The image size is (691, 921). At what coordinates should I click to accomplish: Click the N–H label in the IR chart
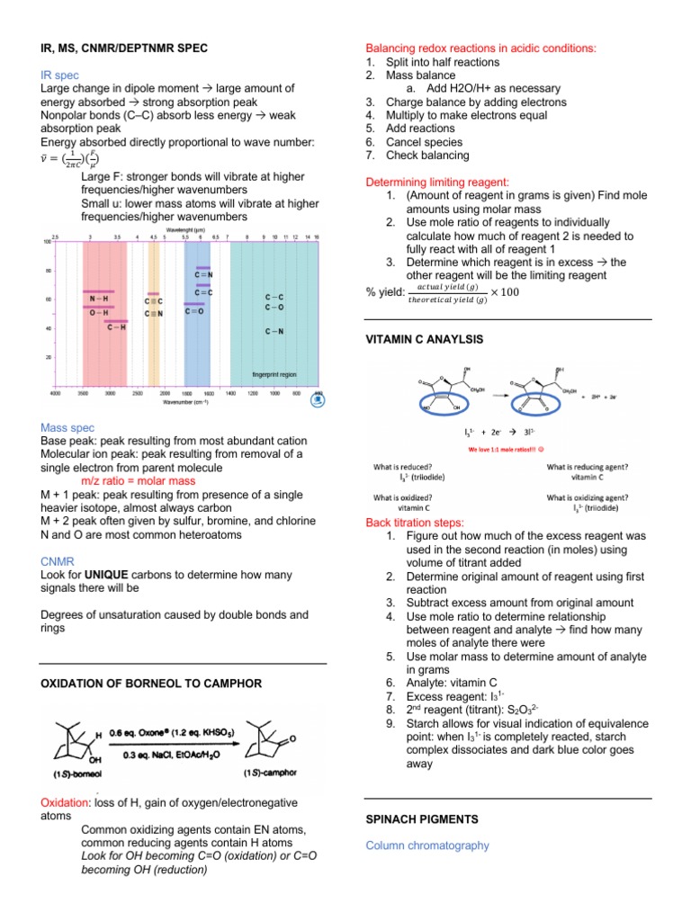[x=99, y=298]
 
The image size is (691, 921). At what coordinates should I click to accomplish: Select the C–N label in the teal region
[x=274, y=332]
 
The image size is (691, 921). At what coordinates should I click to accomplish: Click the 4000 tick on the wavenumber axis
[x=55, y=394]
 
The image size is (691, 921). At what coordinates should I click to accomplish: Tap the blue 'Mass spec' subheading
[x=68, y=427]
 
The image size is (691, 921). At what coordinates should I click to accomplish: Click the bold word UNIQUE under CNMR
[x=107, y=574]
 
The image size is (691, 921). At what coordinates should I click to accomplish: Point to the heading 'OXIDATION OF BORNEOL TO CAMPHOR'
[x=152, y=684]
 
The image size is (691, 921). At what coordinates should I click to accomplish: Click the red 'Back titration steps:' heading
[x=415, y=522]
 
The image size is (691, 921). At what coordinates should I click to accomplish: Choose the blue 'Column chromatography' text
[x=427, y=845]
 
